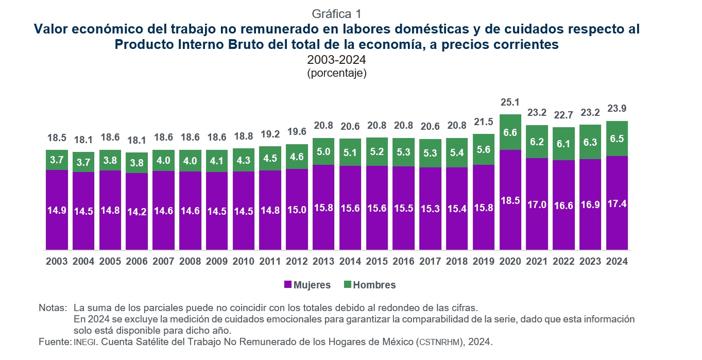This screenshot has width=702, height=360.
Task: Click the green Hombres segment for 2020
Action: [510, 132]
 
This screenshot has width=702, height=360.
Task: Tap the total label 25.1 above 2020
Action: [510, 102]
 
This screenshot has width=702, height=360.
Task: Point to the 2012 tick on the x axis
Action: [297, 261]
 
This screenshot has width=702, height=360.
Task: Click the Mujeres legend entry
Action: [307, 285]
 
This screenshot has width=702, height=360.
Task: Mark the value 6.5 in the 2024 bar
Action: [617, 139]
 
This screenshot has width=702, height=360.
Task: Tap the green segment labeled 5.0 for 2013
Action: [323, 151]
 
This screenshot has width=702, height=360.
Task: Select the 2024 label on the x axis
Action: [617, 261]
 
